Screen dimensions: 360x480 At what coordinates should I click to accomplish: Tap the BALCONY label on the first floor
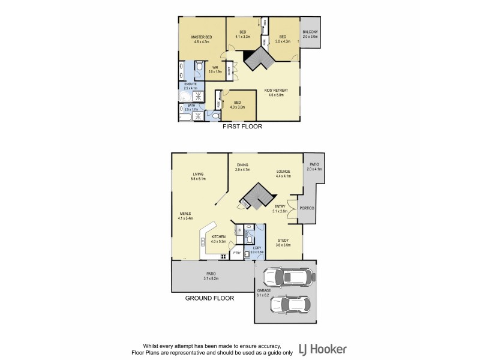point(310,34)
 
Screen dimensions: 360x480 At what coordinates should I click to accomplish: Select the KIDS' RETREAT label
point(277,92)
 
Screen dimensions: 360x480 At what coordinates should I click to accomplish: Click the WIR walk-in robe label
point(215,69)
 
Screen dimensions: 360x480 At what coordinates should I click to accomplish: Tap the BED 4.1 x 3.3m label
point(243,34)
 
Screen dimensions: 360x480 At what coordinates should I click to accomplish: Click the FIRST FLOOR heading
point(242,127)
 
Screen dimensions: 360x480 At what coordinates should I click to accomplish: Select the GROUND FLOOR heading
point(209,298)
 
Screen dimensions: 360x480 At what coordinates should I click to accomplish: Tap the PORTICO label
point(308,208)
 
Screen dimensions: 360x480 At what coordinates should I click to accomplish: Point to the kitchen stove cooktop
point(223,256)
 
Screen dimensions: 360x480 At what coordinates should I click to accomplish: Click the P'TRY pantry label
point(237,253)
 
